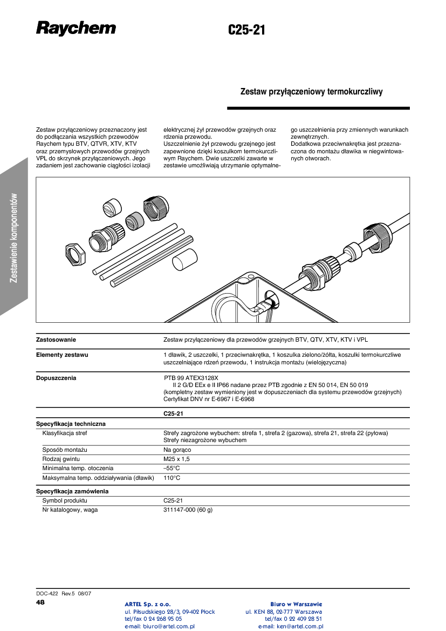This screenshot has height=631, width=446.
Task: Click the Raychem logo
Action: (x=76, y=28)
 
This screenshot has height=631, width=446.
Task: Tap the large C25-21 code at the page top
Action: (x=246, y=30)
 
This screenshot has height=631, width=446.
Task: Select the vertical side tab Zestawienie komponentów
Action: (x=14, y=238)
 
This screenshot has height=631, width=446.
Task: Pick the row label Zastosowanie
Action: (x=56, y=340)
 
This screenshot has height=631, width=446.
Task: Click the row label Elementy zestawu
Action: (x=62, y=355)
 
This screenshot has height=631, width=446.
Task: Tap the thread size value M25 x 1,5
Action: (x=176, y=459)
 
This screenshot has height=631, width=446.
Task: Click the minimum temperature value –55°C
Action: (x=171, y=469)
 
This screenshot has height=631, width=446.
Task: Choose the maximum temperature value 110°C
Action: (x=171, y=478)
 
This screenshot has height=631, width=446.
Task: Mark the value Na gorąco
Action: (x=177, y=450)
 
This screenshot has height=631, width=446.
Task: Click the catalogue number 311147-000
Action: (x=179, y=510)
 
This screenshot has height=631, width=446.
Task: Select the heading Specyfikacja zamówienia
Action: (x=72, y=492)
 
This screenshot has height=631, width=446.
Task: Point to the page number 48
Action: (x=40, y=602)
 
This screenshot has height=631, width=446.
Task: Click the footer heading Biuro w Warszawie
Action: (x=296, y=604)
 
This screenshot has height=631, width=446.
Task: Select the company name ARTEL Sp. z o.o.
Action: (x=148, y=604)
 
